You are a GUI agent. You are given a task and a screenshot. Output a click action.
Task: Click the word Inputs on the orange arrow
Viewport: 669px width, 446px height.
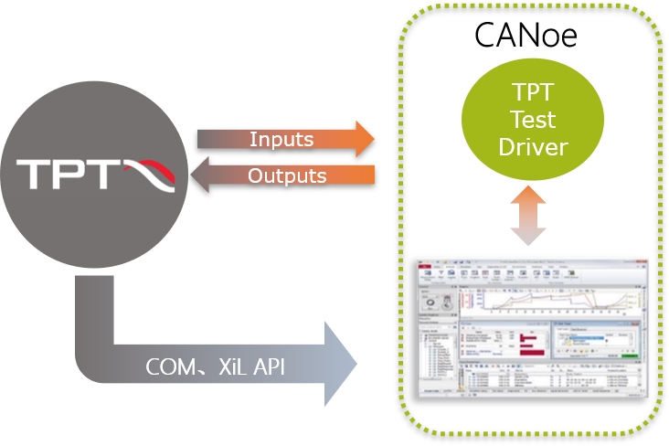tap(281, 140)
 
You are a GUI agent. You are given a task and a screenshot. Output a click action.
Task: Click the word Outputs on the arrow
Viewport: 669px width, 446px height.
tap(287, 175)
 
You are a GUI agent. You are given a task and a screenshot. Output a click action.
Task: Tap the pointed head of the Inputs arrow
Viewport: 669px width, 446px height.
tap(364, 139)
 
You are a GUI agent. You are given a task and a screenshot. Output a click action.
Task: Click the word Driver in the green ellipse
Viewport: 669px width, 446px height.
tap(533, 146)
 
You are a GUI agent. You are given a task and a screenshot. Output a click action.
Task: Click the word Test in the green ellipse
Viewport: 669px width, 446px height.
tap(533, 120)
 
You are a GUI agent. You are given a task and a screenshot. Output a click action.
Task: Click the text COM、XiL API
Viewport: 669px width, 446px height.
tap(216, 367)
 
